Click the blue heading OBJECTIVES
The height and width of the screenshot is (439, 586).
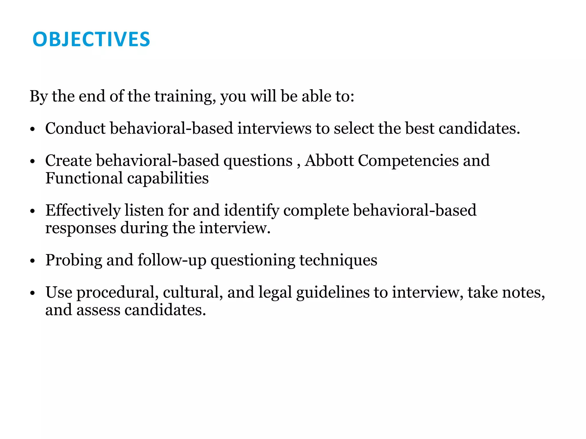coord(91,39)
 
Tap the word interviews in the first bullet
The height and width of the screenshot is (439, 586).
coord(274,128)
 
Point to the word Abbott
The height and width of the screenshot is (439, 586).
coord(329,160)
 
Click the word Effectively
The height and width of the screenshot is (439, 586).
coord(83,211)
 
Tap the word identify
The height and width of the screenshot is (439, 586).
coord(252,211)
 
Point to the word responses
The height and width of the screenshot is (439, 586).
coord(81,228)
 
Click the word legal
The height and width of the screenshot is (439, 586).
coord(275,293)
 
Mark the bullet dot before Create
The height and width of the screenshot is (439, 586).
coord(32,161)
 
